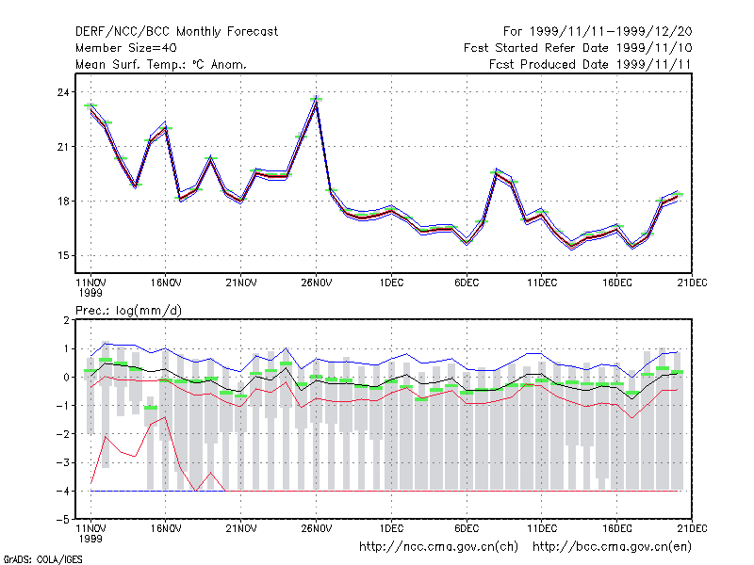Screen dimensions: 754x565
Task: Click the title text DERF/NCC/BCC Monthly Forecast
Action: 176,32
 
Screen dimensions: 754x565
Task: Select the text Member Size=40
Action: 126,48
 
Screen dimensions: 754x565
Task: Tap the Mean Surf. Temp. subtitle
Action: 160,64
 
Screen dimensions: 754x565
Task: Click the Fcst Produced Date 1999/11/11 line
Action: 590,64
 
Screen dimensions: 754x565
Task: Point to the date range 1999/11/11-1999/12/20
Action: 611,32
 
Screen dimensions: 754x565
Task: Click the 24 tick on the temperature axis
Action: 63,91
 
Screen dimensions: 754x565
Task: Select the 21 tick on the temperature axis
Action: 63,147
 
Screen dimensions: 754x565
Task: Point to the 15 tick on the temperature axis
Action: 63,255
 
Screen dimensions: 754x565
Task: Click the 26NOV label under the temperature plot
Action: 317,282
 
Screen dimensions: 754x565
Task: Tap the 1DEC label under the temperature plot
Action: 391,282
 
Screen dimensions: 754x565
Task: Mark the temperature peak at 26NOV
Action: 316,99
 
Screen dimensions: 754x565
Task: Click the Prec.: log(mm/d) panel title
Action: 128,311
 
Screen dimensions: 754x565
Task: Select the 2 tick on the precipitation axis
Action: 66,320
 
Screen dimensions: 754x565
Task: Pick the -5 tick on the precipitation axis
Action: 63,520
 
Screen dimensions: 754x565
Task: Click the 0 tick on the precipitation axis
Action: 66,378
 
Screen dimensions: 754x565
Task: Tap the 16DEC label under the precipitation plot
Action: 617,528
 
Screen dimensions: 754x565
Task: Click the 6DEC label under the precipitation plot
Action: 467,528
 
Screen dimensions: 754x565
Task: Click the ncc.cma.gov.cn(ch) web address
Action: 438,547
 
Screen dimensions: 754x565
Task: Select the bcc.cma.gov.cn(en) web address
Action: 612,547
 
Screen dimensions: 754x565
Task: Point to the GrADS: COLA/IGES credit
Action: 42,559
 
